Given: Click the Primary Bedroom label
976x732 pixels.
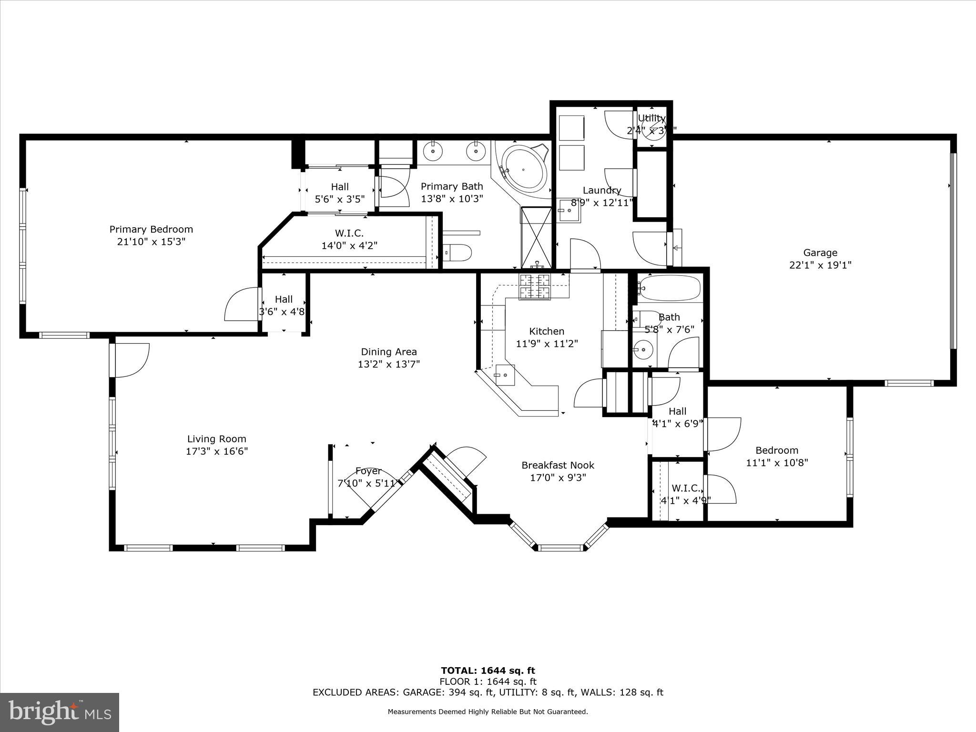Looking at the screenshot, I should tap(151, 229).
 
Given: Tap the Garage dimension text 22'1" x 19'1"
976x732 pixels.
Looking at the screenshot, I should tap(820, 265).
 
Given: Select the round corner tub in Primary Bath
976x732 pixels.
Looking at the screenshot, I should tap(523, 169).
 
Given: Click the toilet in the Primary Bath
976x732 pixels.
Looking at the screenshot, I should tap(457, 252).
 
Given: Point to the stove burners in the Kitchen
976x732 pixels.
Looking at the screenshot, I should tap(534, 287).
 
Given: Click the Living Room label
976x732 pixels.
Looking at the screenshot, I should tap(216, 439).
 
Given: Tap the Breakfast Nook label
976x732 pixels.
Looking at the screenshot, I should tap(558, 465).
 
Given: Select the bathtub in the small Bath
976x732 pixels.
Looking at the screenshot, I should tap(670, 288).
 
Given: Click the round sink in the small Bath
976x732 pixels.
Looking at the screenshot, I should tap(643, 350).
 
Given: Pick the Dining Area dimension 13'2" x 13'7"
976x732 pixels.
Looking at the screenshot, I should tap(388, 364).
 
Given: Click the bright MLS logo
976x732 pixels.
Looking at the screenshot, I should tap(60, 712).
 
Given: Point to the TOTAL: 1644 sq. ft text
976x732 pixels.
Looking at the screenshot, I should tap(488, 671).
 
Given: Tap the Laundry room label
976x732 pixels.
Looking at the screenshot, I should tap(602, 191).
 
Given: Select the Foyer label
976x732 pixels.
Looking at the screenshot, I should tap(368, 471).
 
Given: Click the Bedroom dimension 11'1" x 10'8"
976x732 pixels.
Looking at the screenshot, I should tap(777, 462).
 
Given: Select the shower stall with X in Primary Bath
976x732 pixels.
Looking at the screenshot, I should tap(536, 237).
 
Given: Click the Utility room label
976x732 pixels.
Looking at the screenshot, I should tap(651, 118).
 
